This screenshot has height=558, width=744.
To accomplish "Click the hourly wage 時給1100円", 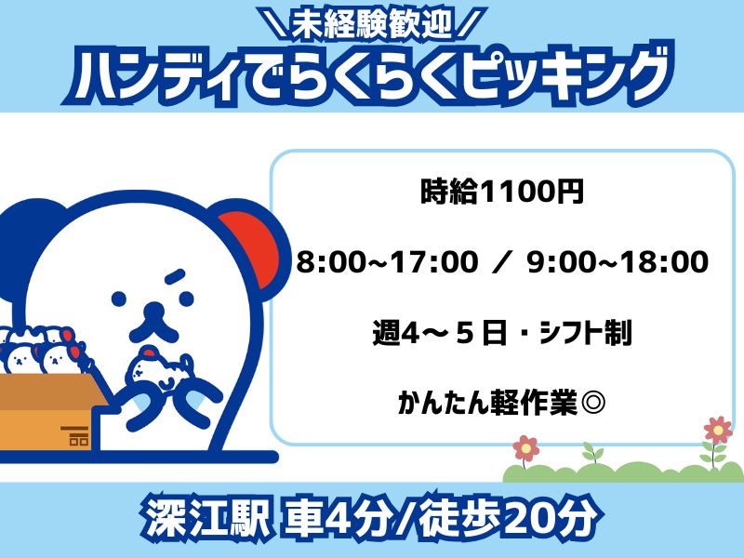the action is [x=501, y=192].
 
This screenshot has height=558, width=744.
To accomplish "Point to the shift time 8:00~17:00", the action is [x=388, y=262].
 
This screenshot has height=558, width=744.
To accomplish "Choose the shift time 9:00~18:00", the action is [x=618, y=262].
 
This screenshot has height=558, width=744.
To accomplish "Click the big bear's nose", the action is [x=153, y=311].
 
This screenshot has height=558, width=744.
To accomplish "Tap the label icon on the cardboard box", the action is [x=75, y=435].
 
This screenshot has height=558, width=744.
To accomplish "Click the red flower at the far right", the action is [x=717, y=430].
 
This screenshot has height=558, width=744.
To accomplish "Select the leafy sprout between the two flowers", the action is [x=592, y=452].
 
